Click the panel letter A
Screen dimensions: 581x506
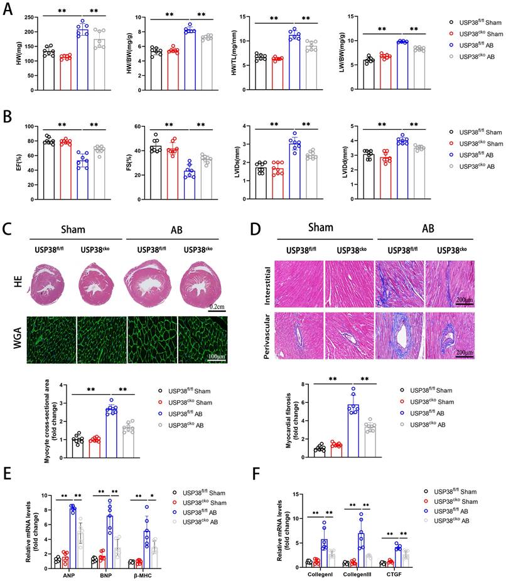pyautogui.click(x=9, y=10)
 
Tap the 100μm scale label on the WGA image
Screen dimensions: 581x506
pyautogui.click(x=217, y=358)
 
